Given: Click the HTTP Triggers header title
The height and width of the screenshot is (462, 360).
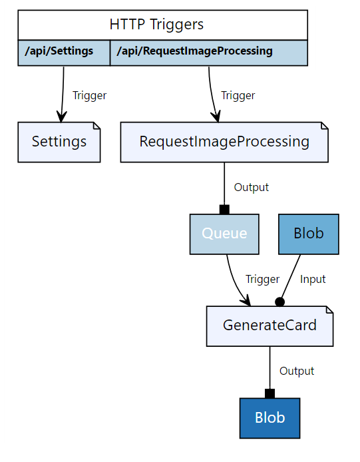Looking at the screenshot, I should click(x=156, y=25).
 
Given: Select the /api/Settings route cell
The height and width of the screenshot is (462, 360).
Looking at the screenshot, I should click(x=59, y=51).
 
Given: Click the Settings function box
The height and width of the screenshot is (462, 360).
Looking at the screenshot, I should click(x=59, y=142).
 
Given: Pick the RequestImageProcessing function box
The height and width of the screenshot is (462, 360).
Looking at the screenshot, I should click(x=224, y=142).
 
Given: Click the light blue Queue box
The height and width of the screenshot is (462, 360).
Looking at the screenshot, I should click(x=224, y=234).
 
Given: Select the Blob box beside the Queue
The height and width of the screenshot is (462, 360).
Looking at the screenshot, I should click(x=309, y=234).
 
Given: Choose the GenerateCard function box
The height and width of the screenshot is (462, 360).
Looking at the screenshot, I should click(x=270, y=326).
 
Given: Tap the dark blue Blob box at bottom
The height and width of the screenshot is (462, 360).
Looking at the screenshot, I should click(x=270, y=418).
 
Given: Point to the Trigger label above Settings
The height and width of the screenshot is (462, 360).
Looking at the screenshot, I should click(x=89, y=95).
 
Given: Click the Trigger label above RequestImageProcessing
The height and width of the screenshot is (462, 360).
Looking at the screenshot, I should click(x=238, y=95).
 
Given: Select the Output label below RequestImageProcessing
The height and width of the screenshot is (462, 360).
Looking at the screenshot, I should click(x=252, y=188).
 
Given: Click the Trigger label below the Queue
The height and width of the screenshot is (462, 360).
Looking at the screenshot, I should click(x=262, y=280).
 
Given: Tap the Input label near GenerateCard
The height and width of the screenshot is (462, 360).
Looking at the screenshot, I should click(x=313, y=280).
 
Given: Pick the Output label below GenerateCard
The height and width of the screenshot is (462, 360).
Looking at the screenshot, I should click(x=297, y=371).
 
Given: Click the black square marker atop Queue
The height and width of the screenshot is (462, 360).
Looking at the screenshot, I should click(x=224, y=210).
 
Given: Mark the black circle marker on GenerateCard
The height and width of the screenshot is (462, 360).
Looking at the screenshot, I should click(x=279, y=302).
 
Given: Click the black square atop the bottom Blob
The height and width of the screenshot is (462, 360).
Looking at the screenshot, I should click(x=270, y=393).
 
